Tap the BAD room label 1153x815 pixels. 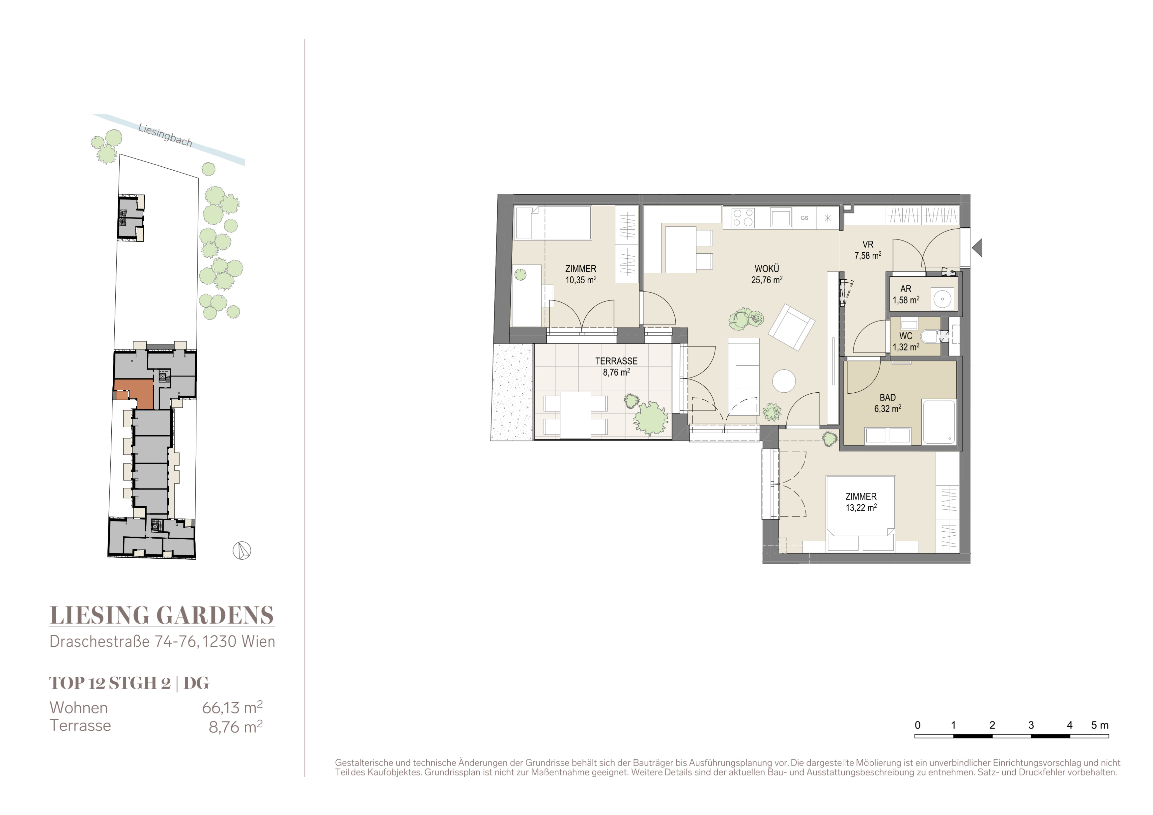(887, 397)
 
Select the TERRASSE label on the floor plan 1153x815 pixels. (616, 361)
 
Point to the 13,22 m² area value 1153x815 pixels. (861, 507)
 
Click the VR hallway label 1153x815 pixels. (868, 244)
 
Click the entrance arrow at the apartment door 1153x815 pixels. (977, 247)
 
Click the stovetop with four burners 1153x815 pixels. (743, 218)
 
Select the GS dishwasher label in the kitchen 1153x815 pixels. (804, 218)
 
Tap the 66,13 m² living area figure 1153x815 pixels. (232, 708)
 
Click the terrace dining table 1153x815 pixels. (576, 415)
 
